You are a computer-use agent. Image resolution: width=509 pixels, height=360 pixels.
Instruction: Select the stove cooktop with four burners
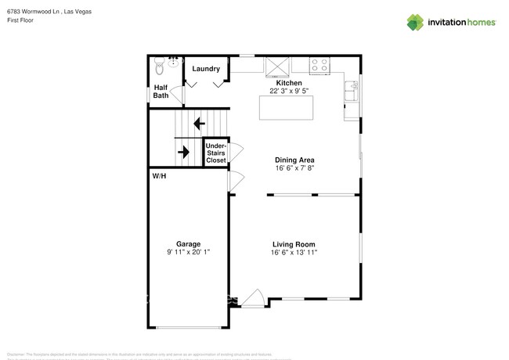(x=319, y=66)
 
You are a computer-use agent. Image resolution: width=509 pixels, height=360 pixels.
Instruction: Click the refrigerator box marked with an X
(x=276, y=66)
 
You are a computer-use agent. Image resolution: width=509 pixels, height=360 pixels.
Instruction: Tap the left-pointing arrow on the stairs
(x=199, y=123)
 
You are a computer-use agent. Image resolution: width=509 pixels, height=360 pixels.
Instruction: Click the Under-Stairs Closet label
(x=216, y=153)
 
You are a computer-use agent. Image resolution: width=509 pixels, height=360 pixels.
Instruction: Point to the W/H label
(x=159, y=176)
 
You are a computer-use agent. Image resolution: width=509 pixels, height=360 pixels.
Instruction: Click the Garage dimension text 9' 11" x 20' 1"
(x=188, y=252)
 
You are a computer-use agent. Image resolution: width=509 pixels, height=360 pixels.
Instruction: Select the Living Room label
(x=294, y=244)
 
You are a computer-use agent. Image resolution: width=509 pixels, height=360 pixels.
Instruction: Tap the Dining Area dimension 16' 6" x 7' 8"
(x=294, y=168)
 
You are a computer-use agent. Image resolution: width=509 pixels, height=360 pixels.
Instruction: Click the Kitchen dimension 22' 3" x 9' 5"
(x=288, y=91)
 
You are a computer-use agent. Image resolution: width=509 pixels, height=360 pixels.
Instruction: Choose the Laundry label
(x=206, y=69)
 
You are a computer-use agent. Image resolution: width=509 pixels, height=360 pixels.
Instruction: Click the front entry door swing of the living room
(x=253, y=297)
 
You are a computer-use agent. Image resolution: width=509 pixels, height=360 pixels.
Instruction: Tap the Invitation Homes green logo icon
(x=415, y=22)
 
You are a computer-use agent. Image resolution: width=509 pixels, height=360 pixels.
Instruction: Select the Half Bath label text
(x=161, y=92)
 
